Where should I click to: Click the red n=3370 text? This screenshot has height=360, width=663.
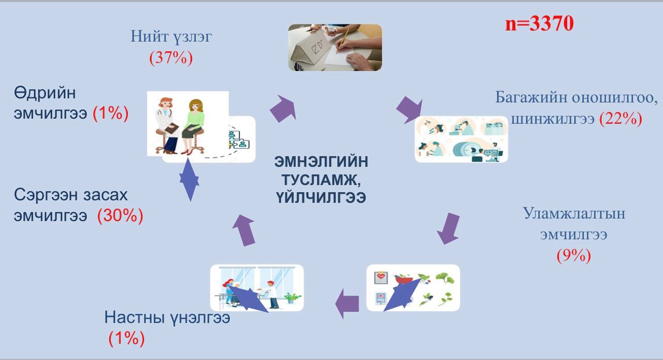[x=539, y=23]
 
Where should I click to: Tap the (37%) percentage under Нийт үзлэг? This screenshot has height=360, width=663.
[x=171, y=57]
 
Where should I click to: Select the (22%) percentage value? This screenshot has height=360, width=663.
[x=621, y=119]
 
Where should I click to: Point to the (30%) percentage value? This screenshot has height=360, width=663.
[x=120, y=215]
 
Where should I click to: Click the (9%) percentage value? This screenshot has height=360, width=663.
[x=573, y=255]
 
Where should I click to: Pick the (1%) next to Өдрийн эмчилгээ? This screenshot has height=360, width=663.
[x=111, y=113]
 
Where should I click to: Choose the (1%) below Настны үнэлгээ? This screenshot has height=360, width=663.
[x=127, y=338]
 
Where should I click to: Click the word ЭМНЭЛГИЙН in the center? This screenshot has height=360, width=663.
[x=321, y=162]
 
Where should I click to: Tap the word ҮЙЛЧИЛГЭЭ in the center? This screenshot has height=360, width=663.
[x=321, y=197]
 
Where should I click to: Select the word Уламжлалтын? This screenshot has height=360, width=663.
[x=574, y=213]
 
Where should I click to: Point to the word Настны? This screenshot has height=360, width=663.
[x=134, y=318]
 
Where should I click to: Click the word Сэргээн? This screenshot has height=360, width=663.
[x=47, y=195]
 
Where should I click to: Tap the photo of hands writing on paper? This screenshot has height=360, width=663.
[x=335, y=47]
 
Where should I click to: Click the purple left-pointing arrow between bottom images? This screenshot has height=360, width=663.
[x=347, y=304]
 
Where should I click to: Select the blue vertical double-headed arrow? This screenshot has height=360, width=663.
[x=189, y=180]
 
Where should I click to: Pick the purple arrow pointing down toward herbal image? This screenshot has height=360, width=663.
[x=449, y=228]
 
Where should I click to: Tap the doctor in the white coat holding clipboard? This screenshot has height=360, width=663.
[x=167, y=125]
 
